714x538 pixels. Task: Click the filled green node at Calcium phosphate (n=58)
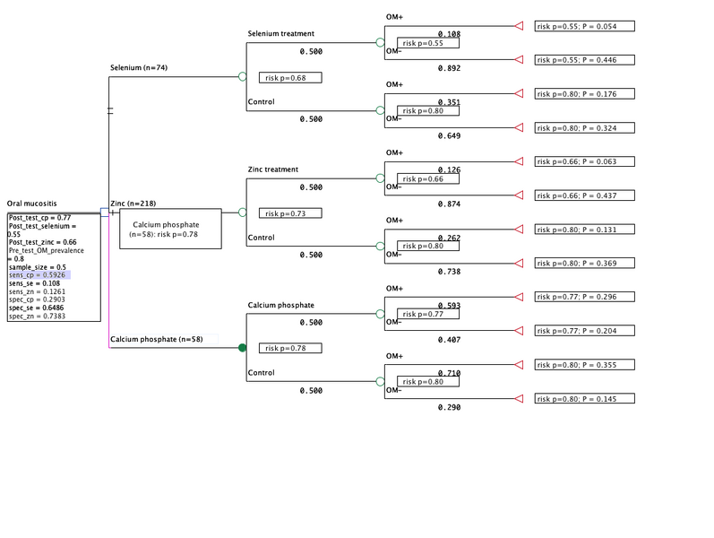(x=242, y=347)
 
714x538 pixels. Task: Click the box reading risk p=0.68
(x=289, y=78)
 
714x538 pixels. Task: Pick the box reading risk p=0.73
(x=289, y=213)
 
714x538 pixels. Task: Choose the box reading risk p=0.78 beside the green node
(x=289, y=348)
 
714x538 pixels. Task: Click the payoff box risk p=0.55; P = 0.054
(x=584, y=26)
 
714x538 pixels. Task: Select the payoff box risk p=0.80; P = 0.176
(x=584, y=94)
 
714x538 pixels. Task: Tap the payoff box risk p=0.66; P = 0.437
(x=584, y=195)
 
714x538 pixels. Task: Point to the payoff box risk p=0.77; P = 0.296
(x=584, y=297)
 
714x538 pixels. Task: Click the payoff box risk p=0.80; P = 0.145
(x=584, y=398)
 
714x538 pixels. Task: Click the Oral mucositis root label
(x=31, y=204)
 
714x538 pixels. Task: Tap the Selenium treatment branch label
(x=281, y=34)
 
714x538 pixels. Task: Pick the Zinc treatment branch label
(x=273, y=169)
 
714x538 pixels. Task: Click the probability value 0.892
(x=449, y=68)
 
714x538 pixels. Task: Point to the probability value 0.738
(x=449, y=271)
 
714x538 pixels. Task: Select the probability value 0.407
(x=449, y=339)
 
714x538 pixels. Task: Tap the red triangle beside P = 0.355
(x=518, y=364)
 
